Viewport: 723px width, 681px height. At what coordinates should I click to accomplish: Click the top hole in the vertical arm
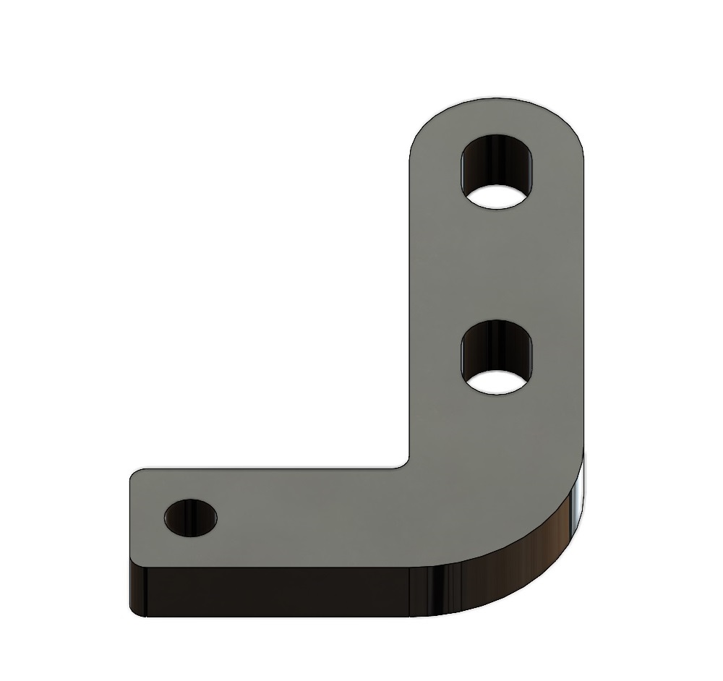coord(497,171)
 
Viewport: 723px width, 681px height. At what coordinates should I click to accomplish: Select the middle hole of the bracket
coord(497,358)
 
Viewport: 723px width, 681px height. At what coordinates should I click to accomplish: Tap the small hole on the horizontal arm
coord(191,517)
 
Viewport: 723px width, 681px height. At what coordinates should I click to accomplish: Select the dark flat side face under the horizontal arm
coord(275,589)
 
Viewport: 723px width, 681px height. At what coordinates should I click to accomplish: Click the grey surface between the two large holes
coord(497,267)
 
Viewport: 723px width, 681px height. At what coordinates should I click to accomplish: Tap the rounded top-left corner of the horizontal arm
coord(134,474)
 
